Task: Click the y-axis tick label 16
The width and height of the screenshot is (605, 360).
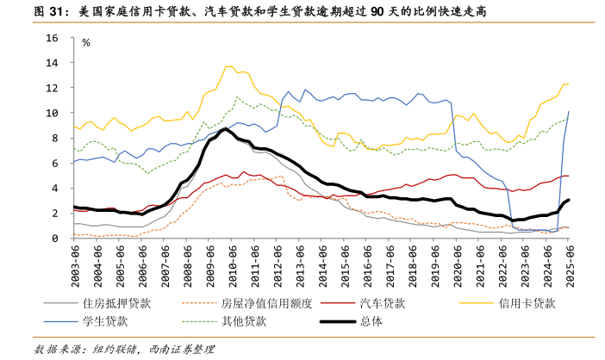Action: click(53, 38)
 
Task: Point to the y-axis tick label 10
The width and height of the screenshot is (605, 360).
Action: click(53, 113)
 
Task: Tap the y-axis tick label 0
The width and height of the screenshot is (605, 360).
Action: click(56, 239)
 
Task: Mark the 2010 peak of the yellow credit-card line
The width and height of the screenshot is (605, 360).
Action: click(228, 66)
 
